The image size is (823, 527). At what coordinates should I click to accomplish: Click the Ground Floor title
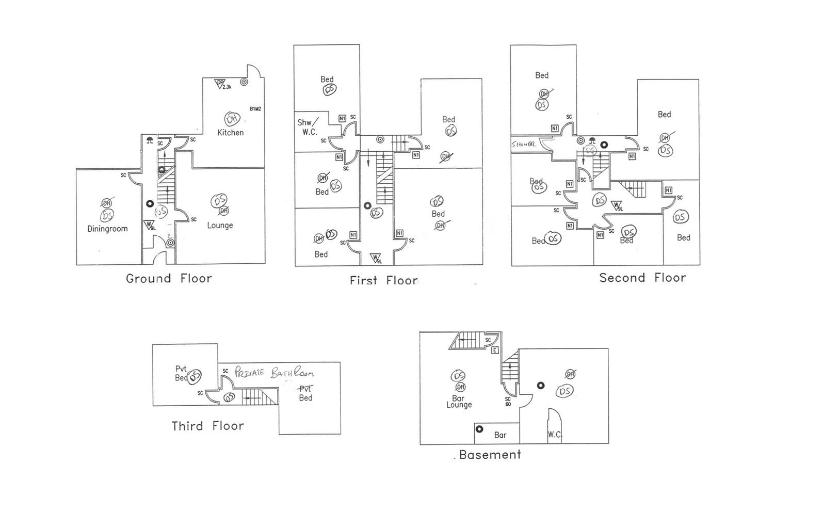click(169, 279)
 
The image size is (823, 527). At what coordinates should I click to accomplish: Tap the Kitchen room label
click(230, 133)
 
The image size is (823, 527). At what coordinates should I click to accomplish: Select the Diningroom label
click(107, 229)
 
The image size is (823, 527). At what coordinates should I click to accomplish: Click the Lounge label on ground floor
click(220, 226)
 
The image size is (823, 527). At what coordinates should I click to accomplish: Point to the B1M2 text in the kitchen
click(255, 109)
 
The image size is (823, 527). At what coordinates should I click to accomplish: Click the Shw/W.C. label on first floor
click(308, 127)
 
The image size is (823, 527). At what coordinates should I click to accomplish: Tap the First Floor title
click(383, 281)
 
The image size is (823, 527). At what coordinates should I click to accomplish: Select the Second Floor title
click(642, 278)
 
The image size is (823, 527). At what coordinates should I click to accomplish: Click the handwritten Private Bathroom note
click(273, 373)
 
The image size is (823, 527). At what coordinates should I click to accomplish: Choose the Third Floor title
click(207, 426)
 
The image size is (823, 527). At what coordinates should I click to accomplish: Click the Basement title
click(490, 455)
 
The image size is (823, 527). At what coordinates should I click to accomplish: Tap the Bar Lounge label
click(459, 402)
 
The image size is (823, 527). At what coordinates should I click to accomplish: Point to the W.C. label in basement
click(555, 435)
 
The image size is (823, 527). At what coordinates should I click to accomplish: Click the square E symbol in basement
click(494, 350)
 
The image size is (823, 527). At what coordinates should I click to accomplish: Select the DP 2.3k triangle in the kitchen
click(221, 83)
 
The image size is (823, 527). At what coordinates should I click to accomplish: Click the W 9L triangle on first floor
click(376, 258)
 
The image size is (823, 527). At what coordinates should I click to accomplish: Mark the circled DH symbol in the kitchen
click(232, 119)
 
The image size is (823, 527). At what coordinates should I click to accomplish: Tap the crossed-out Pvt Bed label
click(305, 393)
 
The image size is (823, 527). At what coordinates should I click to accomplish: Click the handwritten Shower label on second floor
click(524, 145)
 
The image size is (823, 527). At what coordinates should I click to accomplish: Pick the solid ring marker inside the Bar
click(479, 429)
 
